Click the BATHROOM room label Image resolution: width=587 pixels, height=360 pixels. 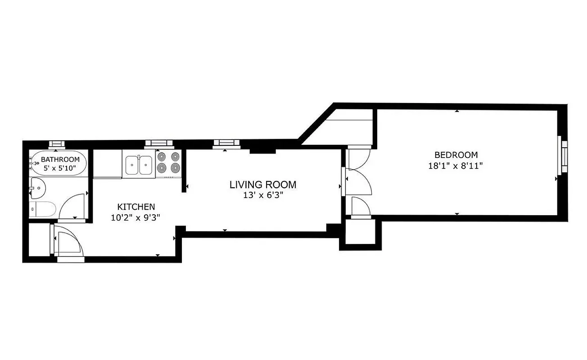pos(60,159)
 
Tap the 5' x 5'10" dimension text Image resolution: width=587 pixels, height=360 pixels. pos(60,168)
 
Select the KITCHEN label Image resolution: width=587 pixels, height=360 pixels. pos(136,207)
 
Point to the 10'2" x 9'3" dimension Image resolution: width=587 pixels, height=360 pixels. pos(136,217)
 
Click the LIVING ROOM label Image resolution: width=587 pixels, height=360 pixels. pos(263,184)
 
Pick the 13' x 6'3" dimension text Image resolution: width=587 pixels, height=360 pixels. pos(263,195)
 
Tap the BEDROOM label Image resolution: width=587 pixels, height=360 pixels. pos(456,155)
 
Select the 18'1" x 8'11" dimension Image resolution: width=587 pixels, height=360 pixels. pos(456,166)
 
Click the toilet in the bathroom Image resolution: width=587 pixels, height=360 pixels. pos(43,209)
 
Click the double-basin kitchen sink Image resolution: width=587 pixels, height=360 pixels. pos(139,165)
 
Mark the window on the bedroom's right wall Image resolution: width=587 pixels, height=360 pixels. pos(563,155)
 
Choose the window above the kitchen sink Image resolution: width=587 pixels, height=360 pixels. pos(158,144)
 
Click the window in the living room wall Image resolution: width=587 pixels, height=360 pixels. pos(227,143)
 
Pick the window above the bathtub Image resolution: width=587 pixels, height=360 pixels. pos(57,144)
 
